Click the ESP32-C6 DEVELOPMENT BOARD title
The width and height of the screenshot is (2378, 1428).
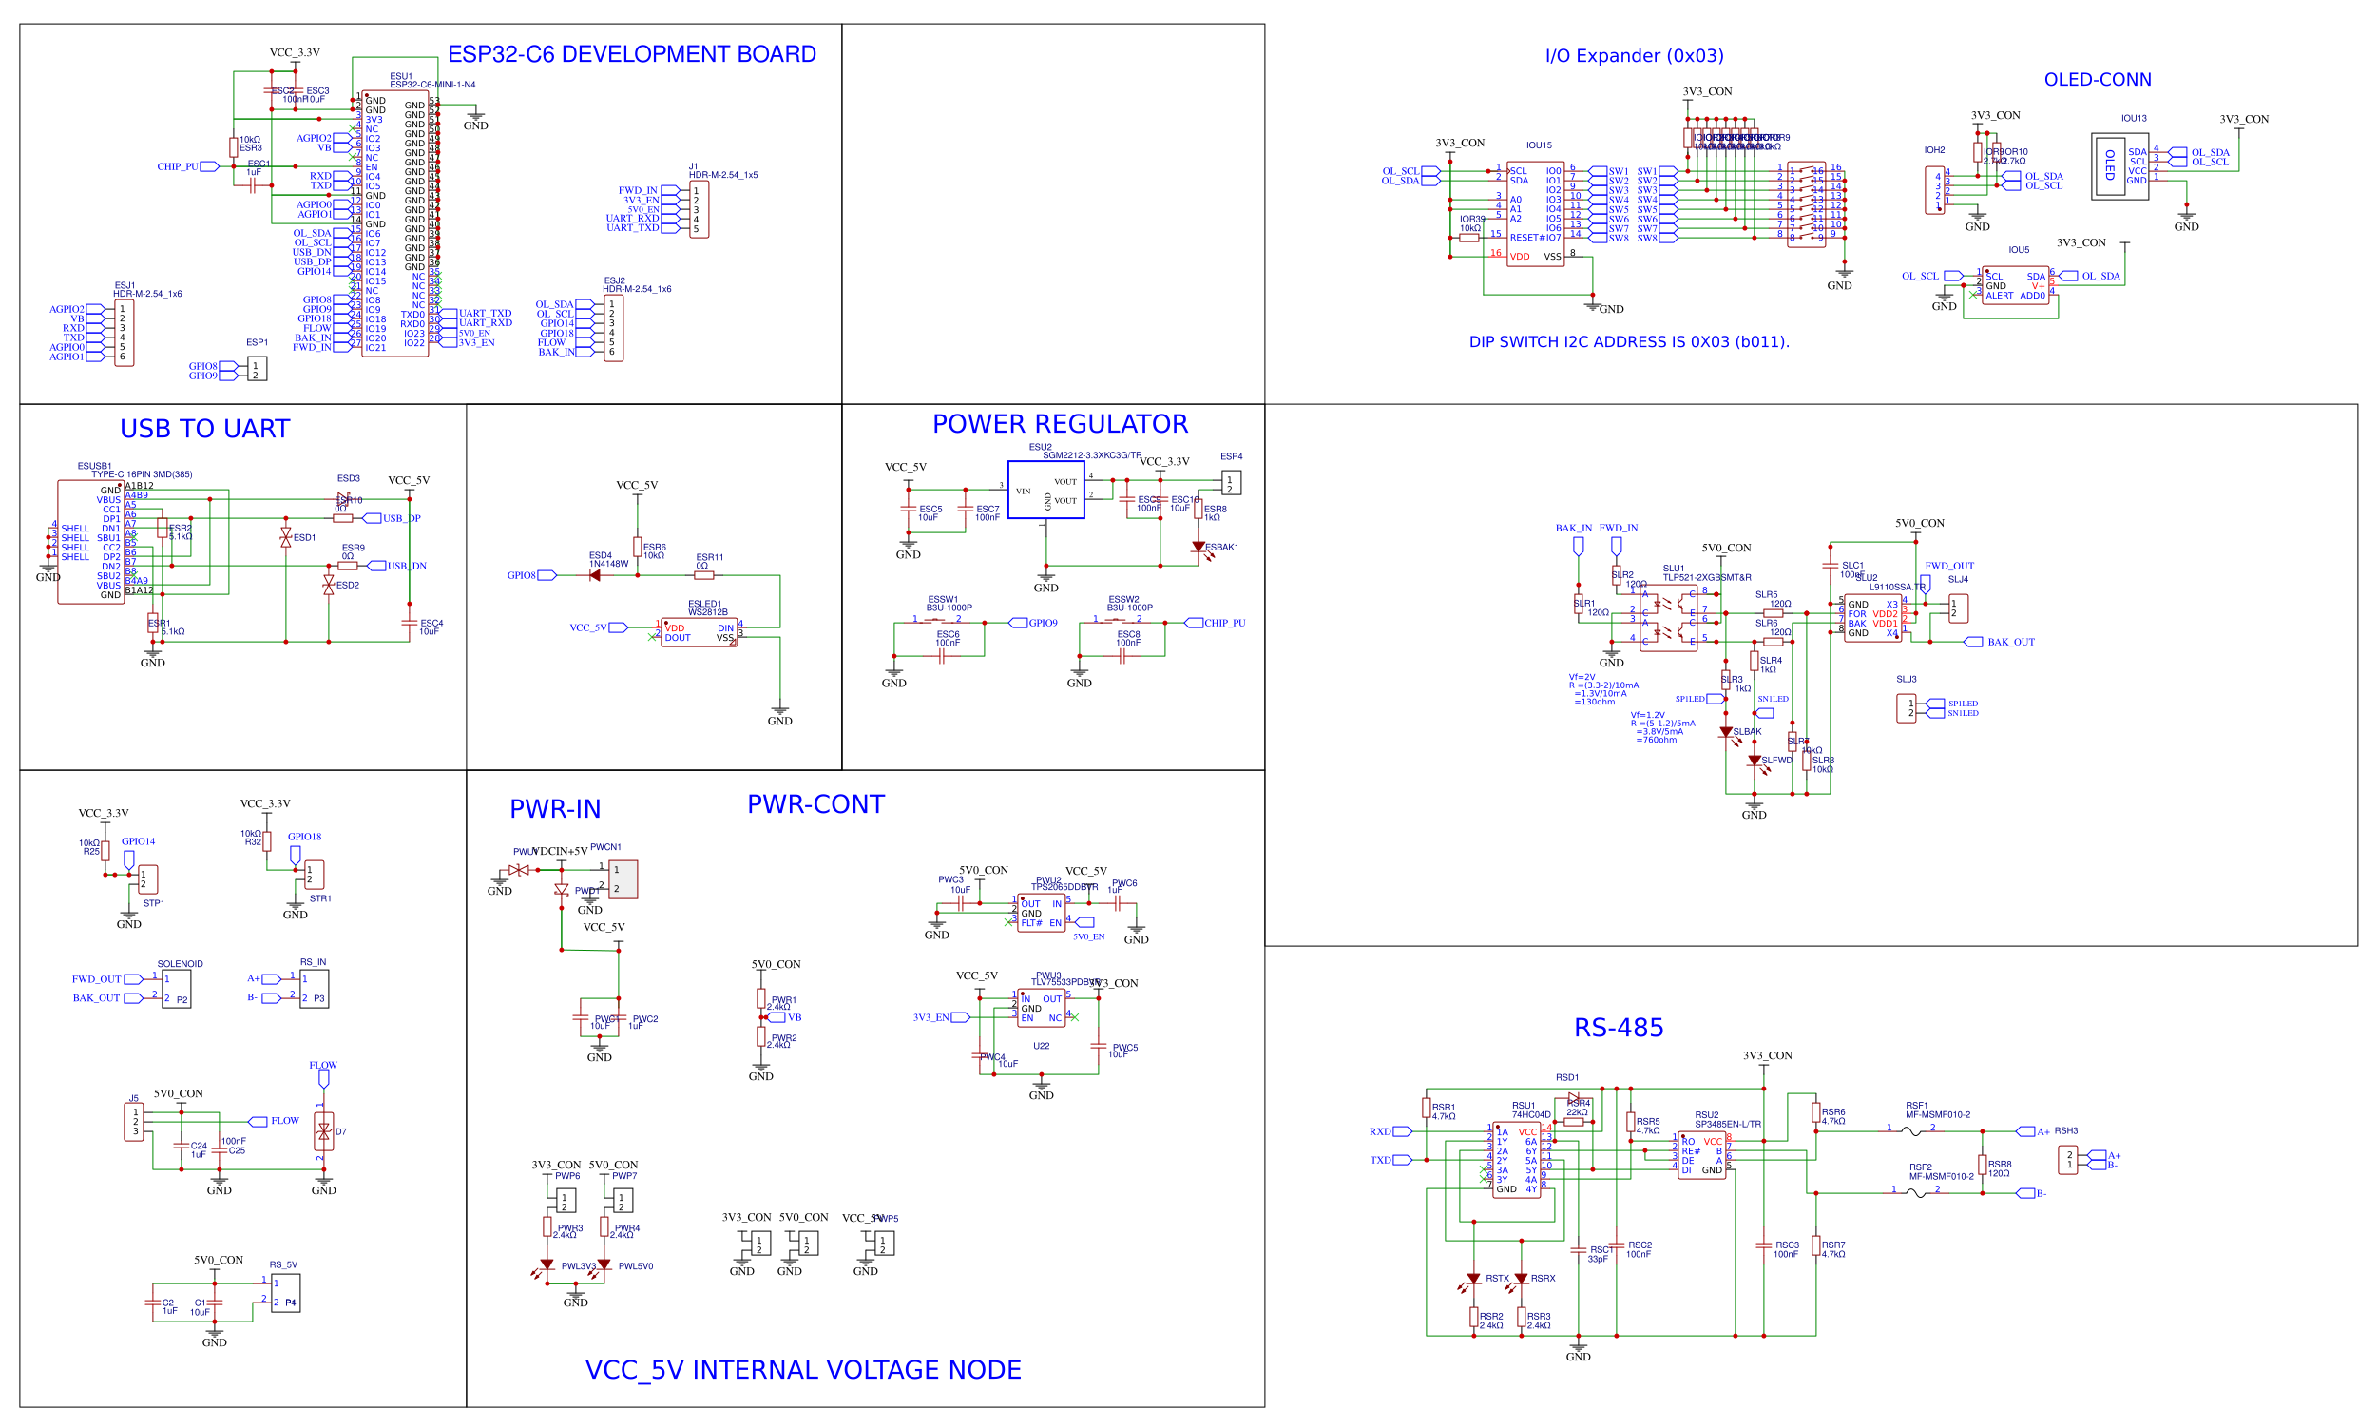[631, 54]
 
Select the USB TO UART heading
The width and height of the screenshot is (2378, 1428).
[204, 429]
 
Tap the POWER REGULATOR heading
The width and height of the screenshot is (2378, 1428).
[1059, 424]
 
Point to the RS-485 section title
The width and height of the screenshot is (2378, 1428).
[1618, 1028]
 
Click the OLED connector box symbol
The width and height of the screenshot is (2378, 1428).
[2119, 166]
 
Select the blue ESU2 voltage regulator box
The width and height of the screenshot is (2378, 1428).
[1045, 490]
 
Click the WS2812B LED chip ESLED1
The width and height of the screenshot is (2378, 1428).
[700, 632]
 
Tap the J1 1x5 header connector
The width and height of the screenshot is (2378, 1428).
[700, 210]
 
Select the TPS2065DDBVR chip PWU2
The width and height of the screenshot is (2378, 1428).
[1041, 912]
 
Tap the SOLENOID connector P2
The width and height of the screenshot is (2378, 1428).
[176, 989]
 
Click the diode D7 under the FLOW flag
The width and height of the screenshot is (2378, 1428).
[323, 1131]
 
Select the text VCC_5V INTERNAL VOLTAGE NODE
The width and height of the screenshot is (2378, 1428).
[802, 1369]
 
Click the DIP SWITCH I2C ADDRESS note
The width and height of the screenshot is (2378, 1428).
[1629, 341]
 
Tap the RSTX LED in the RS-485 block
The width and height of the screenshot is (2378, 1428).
[1473, 1280]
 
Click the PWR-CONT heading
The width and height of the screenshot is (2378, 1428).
[815, 804]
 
